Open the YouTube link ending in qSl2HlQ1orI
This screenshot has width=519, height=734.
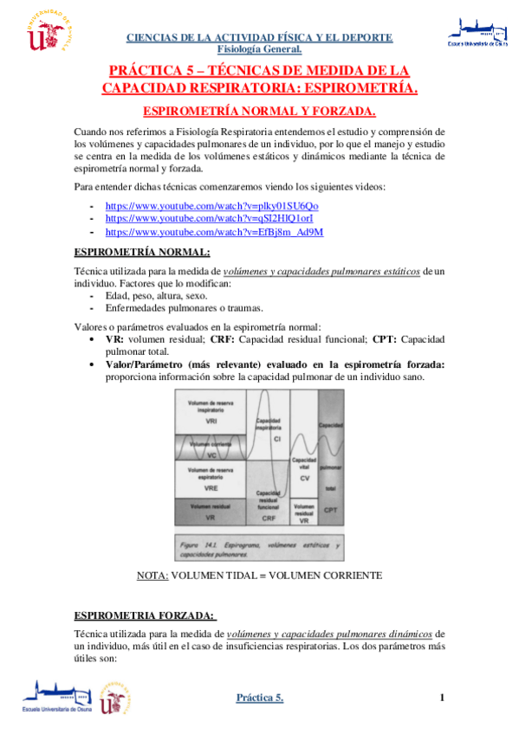tap(209, 219)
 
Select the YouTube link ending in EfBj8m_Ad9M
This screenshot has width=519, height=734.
tap(214, 232)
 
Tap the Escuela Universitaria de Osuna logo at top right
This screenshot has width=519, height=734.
tap(477, 31)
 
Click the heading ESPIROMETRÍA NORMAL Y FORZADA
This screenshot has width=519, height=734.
tap(259, 111)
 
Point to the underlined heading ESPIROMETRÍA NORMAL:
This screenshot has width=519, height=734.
tap(142, 252)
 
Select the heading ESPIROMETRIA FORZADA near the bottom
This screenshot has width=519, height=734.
tap(145, 615)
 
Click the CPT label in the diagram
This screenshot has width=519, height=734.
tap(330, 511)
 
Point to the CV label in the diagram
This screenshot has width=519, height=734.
tap(304, 478)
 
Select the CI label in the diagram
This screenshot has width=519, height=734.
tap(277, 440)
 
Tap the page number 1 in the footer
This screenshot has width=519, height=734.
tap(442, 698)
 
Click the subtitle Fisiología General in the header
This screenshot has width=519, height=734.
tap(259, 49)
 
